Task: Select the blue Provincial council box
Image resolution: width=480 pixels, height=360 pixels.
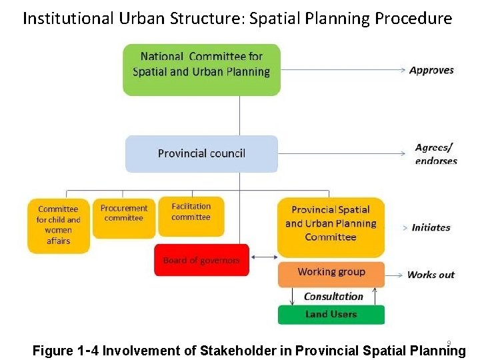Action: pyautogui.click(x=201, y=153)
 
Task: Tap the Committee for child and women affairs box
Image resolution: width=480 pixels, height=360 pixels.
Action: pyautogui.click(x=59, y=225)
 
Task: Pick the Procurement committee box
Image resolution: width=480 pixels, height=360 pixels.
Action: pyautogui.click(x=124, y=217)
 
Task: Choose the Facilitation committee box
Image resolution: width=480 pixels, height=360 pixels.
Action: pyautogui.click(x=191, y=216)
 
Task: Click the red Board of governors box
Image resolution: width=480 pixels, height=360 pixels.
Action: pyautogui.click(x=201, y=260)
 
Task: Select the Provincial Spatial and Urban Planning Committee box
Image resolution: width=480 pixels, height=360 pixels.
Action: pyautogui.click(x=331, y=227)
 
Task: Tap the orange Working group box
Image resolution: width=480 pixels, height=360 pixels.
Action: pyautogui.click(x=331, y=272)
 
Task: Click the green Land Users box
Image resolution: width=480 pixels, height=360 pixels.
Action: pyautogui.click(x=331, y=314)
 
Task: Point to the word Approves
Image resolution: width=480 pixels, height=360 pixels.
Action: pyautogui.click(x=431, y=70)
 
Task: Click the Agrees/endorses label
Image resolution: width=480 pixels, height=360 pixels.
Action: pyautogui.click(x=435, y=154)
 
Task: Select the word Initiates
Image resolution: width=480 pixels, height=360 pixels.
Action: pyautogui.click(x=431, y=227)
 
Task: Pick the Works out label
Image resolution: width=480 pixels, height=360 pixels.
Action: pyautogui.click(x=431, y=275)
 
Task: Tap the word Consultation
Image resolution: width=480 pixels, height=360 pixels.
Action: pyautogui.click(x=333, y=296)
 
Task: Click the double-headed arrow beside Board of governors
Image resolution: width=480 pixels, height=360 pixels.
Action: pyautogui.click(x=265, y=257)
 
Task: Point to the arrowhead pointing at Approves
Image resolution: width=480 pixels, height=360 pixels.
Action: pyautogui.click(x=402, y=69)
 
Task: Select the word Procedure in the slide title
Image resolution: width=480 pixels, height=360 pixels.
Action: pyautogui.click(x=413, y=18)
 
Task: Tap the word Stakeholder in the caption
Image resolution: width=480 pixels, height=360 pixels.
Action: pyautogui.click(x=253, y=351)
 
